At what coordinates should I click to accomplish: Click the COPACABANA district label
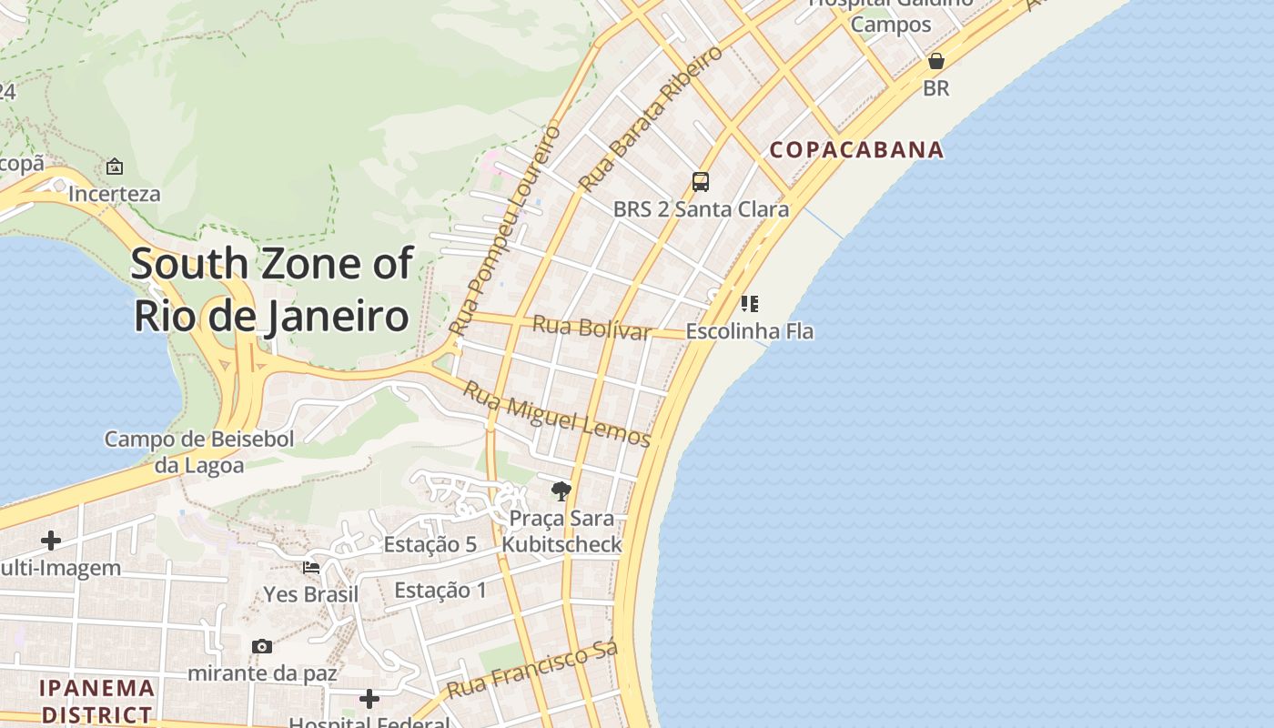pyautogui.click(x=856, y=149)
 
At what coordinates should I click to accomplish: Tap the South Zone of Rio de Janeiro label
pyautogui.click(x=272, y=289)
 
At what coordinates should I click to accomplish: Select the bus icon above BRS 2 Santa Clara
pyautogui.click(x=700, y=181)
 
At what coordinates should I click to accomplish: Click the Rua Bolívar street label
pyautogui.click(x=591, y=327)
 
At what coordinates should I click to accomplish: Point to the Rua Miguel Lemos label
pyautogui.click(x=557, y=415)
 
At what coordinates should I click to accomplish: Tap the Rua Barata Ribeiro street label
pyautogui.click(x=651, y=116)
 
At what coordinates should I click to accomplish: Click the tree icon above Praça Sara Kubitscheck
pyautogui.click(x=561, y=491)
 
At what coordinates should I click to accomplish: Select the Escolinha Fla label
pyautogui.click(x=749, y=331)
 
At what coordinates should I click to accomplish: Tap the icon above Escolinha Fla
pyautogui.click(x=749, y=303)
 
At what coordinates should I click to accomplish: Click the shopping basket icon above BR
pyautogui.click(x=935, y=61)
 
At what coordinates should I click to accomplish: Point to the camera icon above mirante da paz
pyautogui.click(x=262, y=646)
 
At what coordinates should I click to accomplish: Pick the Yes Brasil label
pyautogui.click(x=310, y=594)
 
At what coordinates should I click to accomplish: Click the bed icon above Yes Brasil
pyautogui.click(x=311, y=568)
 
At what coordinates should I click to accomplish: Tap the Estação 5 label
pyautogui.click(x=430, y=544)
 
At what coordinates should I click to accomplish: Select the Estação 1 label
pyautogui.click(x=440, y=590)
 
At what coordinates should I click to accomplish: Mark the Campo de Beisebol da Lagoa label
pyautogui.click(x=198, y=452)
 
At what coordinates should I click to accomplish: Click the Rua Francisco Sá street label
pyautogui.click(x=532, y=669)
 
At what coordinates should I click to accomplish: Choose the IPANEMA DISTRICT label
pyautogui.click(x=96, y=701)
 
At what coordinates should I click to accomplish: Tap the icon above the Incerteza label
pyautogui.click(x=115, y=167)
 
